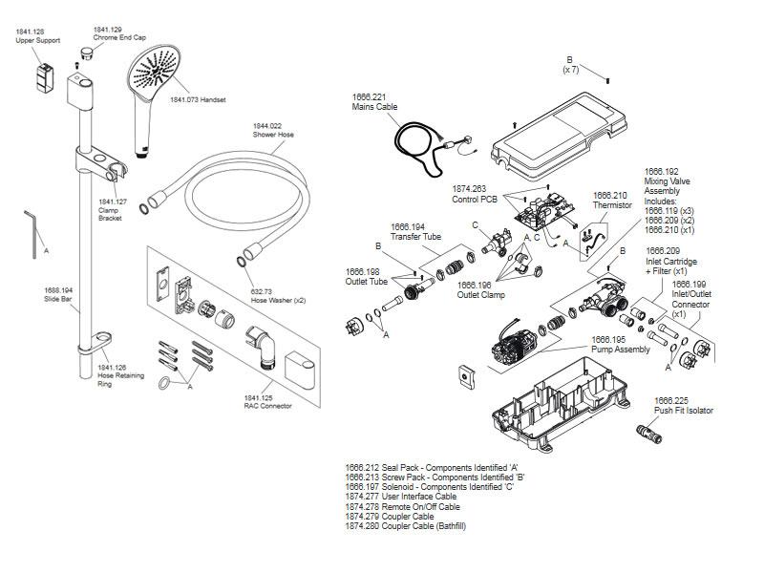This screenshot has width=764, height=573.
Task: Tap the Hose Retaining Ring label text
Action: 121,375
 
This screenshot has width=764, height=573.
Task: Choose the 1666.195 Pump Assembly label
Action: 621,343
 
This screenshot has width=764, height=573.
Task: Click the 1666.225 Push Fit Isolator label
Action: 683,405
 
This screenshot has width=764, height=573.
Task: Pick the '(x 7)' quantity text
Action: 571,69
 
